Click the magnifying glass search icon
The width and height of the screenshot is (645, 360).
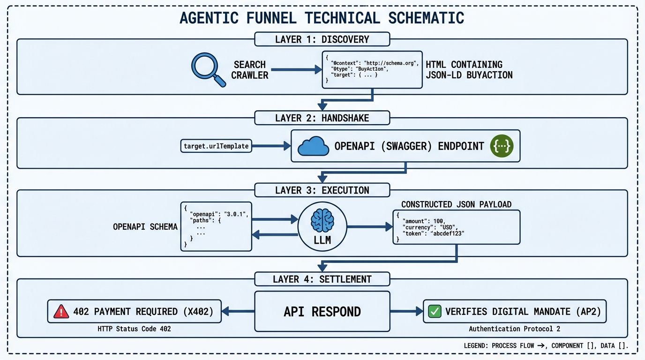[205, 68]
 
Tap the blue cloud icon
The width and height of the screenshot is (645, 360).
[313, 146]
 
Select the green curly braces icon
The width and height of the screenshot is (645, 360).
[502, 146]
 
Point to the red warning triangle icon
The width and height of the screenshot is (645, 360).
[61, 311]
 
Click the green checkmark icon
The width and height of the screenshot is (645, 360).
[435, 311]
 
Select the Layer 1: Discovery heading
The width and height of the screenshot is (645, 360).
[322, 39]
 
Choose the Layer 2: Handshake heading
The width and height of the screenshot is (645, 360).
[322, 118]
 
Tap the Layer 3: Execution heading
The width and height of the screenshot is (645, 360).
[322, 190]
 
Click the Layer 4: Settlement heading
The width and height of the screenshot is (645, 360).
[322, 279]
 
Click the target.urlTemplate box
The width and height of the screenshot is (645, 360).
[216, 146]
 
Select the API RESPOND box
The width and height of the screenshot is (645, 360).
[322, 311]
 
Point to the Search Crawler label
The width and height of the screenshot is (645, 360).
[250, 70]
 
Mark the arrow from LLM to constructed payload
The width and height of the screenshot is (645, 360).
[369, 227]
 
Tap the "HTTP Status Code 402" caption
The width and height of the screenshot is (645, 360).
[134, 329]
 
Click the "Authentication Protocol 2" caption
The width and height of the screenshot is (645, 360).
[514, 329]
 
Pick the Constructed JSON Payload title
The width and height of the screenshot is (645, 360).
[456, 204]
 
